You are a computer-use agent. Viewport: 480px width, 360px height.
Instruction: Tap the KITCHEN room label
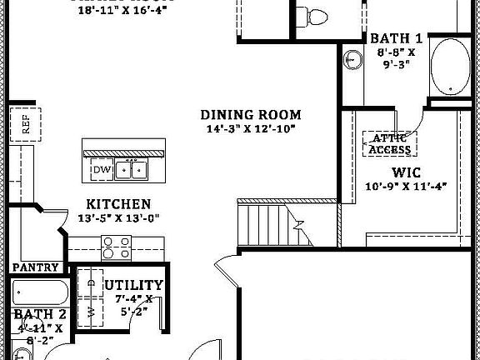point(119,204)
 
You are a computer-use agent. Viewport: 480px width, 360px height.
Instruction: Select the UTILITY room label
point(134,285)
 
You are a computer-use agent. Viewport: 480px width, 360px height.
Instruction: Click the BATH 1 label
point(396,38)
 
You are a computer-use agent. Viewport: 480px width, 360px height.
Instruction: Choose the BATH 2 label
point(40,314)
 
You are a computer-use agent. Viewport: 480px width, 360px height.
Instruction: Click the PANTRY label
point(35,267)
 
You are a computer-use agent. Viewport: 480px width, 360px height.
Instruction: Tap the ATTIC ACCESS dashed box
point(390,143)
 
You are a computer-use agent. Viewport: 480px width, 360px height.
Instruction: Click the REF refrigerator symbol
point(25,125)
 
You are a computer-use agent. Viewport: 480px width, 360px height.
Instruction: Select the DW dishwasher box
point(101,170)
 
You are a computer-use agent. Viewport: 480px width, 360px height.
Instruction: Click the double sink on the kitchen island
point(131,169)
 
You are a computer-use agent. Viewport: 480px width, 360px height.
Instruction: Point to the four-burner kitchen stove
point(116,247)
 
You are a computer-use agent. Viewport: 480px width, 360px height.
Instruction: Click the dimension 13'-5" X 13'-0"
point(119,218)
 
